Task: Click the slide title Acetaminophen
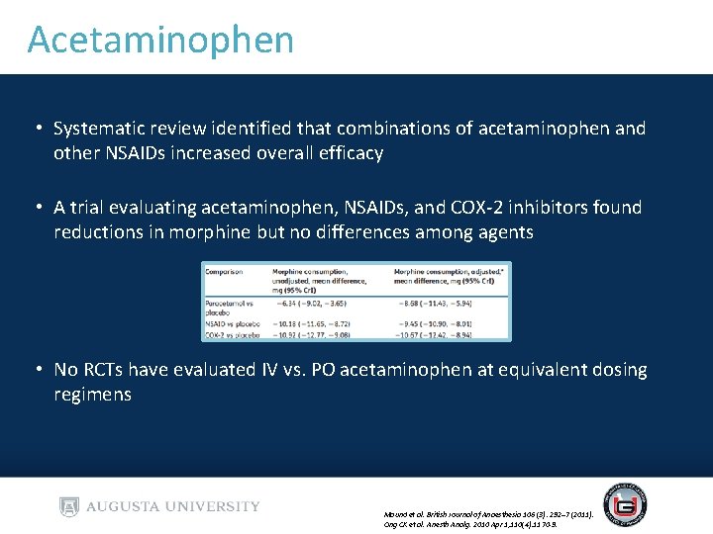(160, 40)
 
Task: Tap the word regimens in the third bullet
(92, 395)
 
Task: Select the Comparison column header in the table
(227, 271)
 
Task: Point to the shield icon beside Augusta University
(68, 507)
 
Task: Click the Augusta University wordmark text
(173, 507)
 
